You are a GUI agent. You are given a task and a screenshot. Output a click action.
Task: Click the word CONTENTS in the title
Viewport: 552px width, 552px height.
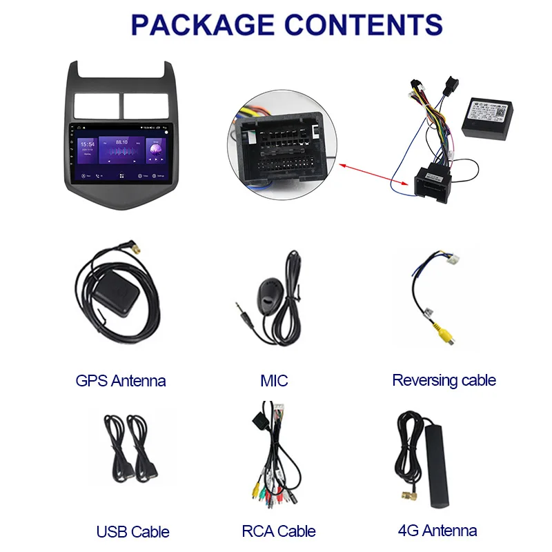pyautogui.click(x=366, y=25)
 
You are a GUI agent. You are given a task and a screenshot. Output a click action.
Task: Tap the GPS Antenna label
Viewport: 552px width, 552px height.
pyautogui.click(x=121, y=380)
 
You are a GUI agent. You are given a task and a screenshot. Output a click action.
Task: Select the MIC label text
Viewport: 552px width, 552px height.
pyautogui.click(x=274, y=380)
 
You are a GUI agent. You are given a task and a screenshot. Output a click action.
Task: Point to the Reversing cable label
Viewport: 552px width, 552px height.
pyautogui.click(x=444, y=380)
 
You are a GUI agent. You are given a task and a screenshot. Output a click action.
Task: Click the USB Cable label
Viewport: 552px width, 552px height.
pyautogui.click(x=133, y=531)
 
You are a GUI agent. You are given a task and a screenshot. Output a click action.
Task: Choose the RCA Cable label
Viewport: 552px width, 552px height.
pyautogui.click(x=279, y=531)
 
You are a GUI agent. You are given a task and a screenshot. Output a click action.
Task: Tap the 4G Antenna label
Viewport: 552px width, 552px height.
pyautogui.click(x=437, y=531)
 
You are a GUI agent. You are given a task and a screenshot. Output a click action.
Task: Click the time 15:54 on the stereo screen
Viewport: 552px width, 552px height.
pyautogui.click(x=88, y=145)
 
